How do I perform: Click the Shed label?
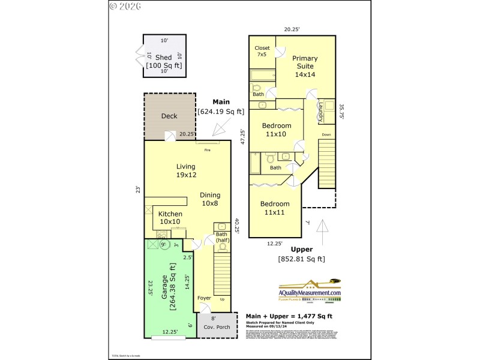tap(163, 58)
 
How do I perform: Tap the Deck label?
tap(169, 116)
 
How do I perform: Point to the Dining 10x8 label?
tap(210, 199)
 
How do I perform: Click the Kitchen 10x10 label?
tap(170, 217)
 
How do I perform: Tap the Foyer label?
tap(204, 298)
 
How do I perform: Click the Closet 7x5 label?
tap(262, 51)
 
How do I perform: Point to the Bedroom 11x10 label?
tap(276, 130)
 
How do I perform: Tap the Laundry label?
tap(320, 112)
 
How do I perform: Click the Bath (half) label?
tap(223, 237)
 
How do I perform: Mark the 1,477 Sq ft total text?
tap(290, 316)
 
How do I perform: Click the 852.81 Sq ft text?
tap(301, 259)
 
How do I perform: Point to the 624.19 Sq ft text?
tap(221, 111)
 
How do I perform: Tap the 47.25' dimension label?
tap(242, 137)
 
